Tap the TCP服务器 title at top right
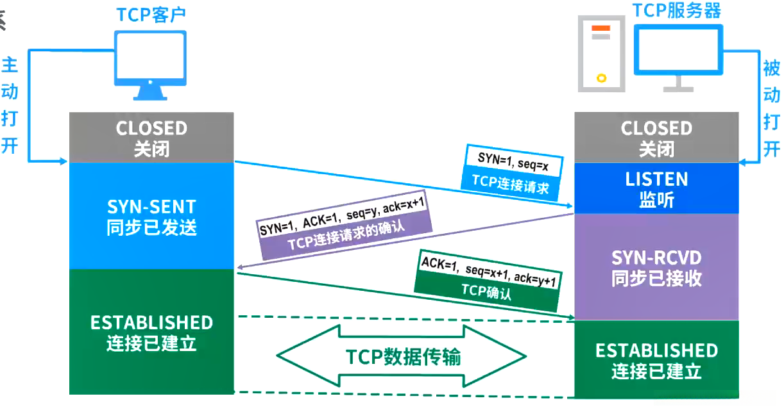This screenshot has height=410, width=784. [676, 10]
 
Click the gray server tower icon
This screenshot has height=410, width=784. [601, 54]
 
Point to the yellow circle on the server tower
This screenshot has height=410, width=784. [601, 78]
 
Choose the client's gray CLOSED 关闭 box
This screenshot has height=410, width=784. [151, 138]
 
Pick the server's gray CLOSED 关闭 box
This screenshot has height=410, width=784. [656, 138]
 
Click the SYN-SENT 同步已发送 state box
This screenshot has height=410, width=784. [151, 216]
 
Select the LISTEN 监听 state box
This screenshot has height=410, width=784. [656, 188]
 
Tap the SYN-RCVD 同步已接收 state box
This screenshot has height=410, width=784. [656, 267]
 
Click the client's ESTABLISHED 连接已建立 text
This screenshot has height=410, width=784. [151, 332]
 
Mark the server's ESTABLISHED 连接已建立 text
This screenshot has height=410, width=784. [656, 360]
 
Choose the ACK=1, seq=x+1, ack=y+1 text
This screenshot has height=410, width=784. [487, 268]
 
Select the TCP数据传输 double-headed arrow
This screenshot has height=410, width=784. [402, 356]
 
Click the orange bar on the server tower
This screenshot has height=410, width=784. [601, 29]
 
